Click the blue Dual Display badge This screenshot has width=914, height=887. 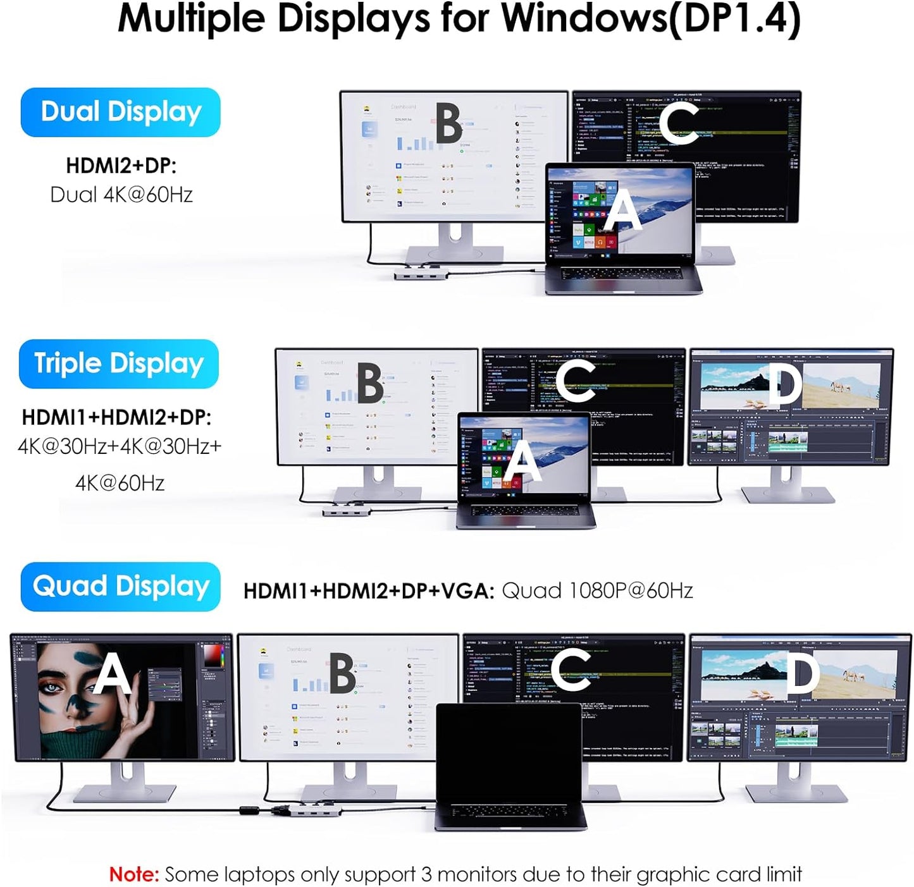[x=120, y=112]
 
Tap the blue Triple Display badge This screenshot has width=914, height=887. [x=119, y=364]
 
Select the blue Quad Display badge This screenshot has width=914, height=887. [x=120, y=587]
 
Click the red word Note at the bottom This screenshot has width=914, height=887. [x=134, y=874]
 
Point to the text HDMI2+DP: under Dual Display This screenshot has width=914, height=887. [x=121, y=166]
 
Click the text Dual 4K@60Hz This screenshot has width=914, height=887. [x=121, y=195]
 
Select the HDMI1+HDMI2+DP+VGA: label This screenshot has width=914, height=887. [x=368, y=590]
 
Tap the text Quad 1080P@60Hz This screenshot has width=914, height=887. [x=597, y=590]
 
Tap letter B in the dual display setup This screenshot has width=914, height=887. [x=448, y=124]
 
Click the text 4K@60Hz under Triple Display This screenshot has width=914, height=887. [x=120, y=483]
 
